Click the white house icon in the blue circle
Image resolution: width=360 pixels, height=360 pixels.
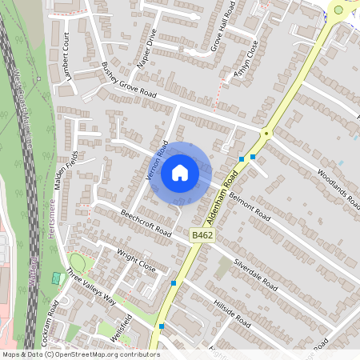180,171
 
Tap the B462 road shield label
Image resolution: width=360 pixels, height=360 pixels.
202,234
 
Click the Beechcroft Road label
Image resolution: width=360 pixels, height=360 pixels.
146,223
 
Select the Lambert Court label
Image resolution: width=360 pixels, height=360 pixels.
68,58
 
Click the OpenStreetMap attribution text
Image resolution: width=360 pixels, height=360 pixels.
80,354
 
